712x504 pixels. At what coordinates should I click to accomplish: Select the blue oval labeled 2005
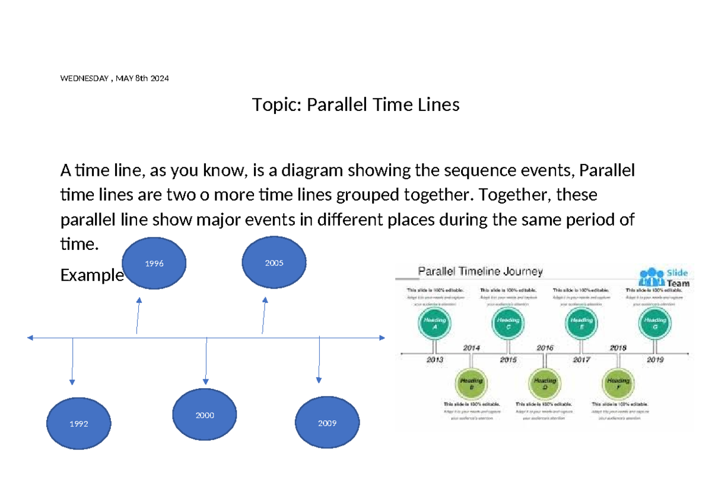(x=274, y=262)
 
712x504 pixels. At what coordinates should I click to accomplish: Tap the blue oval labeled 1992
(x=78, y=424)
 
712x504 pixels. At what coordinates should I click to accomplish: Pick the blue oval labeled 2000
(x=205, y=415)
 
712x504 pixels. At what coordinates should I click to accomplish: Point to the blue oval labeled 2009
(x=327, y=423)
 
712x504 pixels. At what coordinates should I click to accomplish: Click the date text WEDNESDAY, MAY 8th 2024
(x=115, y=78)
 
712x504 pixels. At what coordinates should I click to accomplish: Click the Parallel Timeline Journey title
(x=481, y=272)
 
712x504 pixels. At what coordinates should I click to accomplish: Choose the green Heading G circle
(x=654, y=325)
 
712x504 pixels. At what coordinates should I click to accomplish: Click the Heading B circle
(x=471, y=383)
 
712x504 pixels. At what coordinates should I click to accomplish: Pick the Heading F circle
(x=618, y=383)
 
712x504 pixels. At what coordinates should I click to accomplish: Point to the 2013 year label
(x=435, y=360)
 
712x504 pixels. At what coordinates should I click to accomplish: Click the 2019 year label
(x=655, y=360)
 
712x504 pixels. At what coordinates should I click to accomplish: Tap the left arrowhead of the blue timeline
(x=30, y=338)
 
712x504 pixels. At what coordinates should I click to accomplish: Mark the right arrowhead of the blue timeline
(x=383, y=338)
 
